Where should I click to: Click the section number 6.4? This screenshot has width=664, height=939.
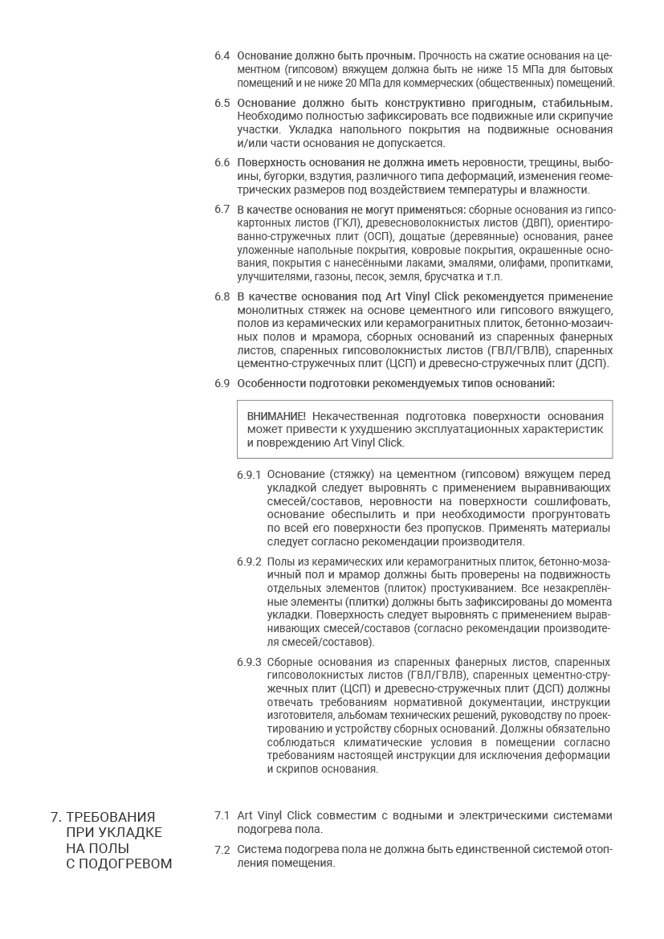(222, 55)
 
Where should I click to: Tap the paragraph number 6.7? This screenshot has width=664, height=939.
(222, 210)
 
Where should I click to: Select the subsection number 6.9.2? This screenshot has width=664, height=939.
(249, 561)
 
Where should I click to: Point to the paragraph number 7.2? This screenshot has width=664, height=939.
(222, 850)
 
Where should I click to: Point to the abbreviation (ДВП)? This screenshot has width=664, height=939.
(537, 223)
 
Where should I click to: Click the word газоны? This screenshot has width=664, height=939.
(332, 277)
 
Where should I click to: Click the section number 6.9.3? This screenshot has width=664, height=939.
(249, 662)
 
